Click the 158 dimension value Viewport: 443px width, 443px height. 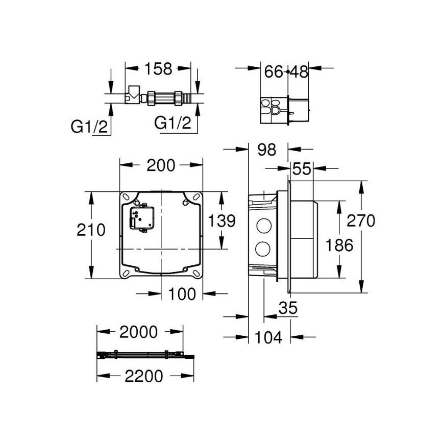point(158,68)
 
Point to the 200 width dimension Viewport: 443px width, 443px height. point(161,165)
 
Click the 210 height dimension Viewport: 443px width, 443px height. point(92,230)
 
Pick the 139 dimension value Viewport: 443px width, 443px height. point(221,221)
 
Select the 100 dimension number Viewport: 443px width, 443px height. point(182,293)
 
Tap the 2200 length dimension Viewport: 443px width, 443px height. point(143,376)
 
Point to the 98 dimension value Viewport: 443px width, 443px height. point(266,150)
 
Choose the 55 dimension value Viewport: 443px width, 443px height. point(302,169)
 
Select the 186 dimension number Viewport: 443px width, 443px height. point(339,245)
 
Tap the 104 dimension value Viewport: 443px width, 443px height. point(268,337)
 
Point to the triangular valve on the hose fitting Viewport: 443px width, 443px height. point(134,92)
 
